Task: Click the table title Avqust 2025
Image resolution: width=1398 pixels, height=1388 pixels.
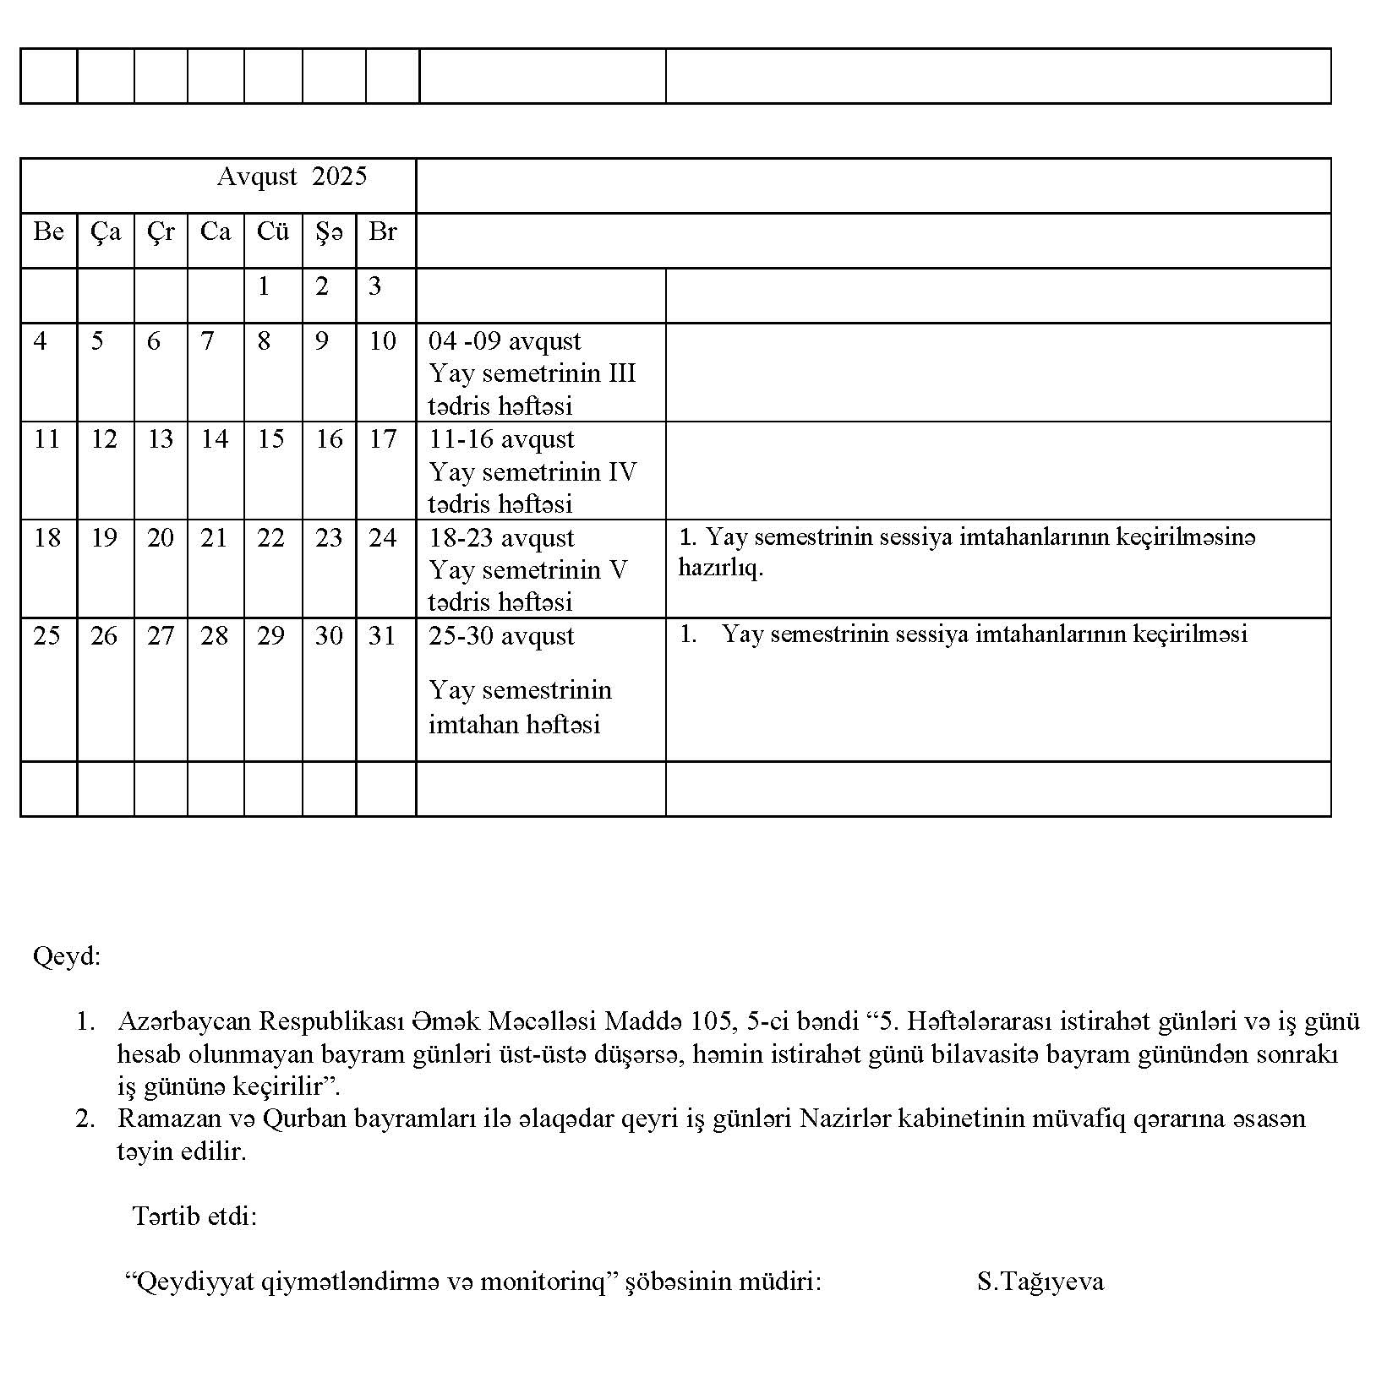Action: pyautogui.click(x=292, y=177)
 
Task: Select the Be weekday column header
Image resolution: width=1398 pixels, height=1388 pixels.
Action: pyautogui.click(x=48, y=231)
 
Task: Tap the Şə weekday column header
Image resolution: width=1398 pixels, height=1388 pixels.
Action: pyautogui.click(x=329, y=232)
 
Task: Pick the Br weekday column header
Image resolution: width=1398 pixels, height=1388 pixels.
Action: pyautogui.click(x=382, y=231)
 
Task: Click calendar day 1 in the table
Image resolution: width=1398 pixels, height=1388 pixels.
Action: pyautogui.click(x=264, y=287)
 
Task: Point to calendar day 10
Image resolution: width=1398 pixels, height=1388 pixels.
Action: pyautogui.click(x=382, y=341)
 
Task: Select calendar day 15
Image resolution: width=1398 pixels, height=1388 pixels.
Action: pyautogui.click(x=270, y=439)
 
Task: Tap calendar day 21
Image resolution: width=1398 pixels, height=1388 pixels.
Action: pyautogui.click(x=214, y=538)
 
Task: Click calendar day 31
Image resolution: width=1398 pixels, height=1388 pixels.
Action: pyautogui.click(x=382, y=636)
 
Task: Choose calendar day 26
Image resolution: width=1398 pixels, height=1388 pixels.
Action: pyautogui.click(x=104, y=636)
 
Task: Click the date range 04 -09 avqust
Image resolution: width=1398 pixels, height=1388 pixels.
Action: pyautogui.click(x=505, y=341)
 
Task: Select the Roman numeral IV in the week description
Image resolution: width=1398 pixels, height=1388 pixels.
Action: pyautogui.click(x=621, y=471)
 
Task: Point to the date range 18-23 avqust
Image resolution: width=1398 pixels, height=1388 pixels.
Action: pyautogui.click(x=501, y=538)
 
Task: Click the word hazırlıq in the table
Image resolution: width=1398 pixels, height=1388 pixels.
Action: pyautogui.click(x=720, y=568)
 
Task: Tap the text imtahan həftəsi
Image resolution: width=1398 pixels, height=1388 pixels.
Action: pyautogui.click(x=514, y=725)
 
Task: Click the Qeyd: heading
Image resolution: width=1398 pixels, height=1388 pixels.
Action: pyautogui.click(x=67, y=956)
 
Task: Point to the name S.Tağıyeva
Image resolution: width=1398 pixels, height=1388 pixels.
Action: pyautogui.click(x=1040, y=1282)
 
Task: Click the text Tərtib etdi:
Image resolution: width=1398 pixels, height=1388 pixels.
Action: pyautogui.click(x=194, y=1217)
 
